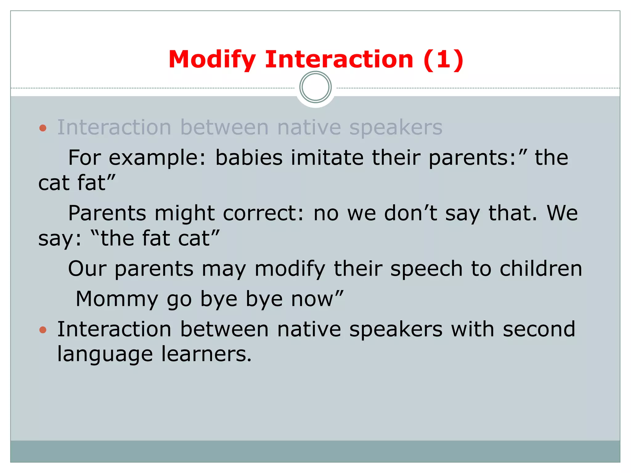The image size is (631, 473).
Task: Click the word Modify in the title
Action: tap(212, 59)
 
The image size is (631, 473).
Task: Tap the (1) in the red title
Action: tap(443, 59)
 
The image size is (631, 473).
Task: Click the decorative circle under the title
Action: tap(315, 87)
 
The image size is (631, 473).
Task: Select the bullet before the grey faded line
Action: tap(43, 128)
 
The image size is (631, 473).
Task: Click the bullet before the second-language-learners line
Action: tap(43, 330)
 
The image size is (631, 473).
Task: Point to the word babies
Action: tap(249, 158)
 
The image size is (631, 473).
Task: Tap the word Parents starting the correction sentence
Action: tap(107, 213)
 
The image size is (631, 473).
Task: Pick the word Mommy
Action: tap(117, 299)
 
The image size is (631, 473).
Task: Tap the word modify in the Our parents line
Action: tap(290, 269)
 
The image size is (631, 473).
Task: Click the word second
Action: tap(539, 329)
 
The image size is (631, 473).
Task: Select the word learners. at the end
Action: tap(206, 354)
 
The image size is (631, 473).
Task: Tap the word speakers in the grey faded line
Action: tap(396, 127)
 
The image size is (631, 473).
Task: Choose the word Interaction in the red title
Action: tap(339, 59)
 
